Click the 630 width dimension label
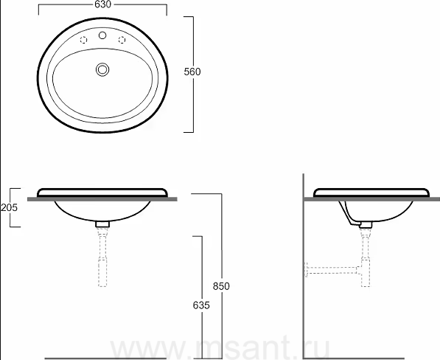click(x=102, y=4)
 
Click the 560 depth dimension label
click(x=192, y=72)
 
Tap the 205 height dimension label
click(x=9, y=207)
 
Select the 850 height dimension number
click(x=221, y=286)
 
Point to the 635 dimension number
click(x=201, y=305)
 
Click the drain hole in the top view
click(x=102, y=69)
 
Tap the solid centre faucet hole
click(x=102, y=35)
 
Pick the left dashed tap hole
click(x=83, y=40)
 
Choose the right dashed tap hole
click(x=122, y=40)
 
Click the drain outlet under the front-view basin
click(x=102, y=224)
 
